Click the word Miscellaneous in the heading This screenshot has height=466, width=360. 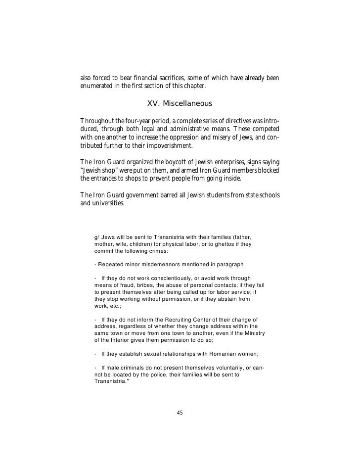[x=189, y=104]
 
